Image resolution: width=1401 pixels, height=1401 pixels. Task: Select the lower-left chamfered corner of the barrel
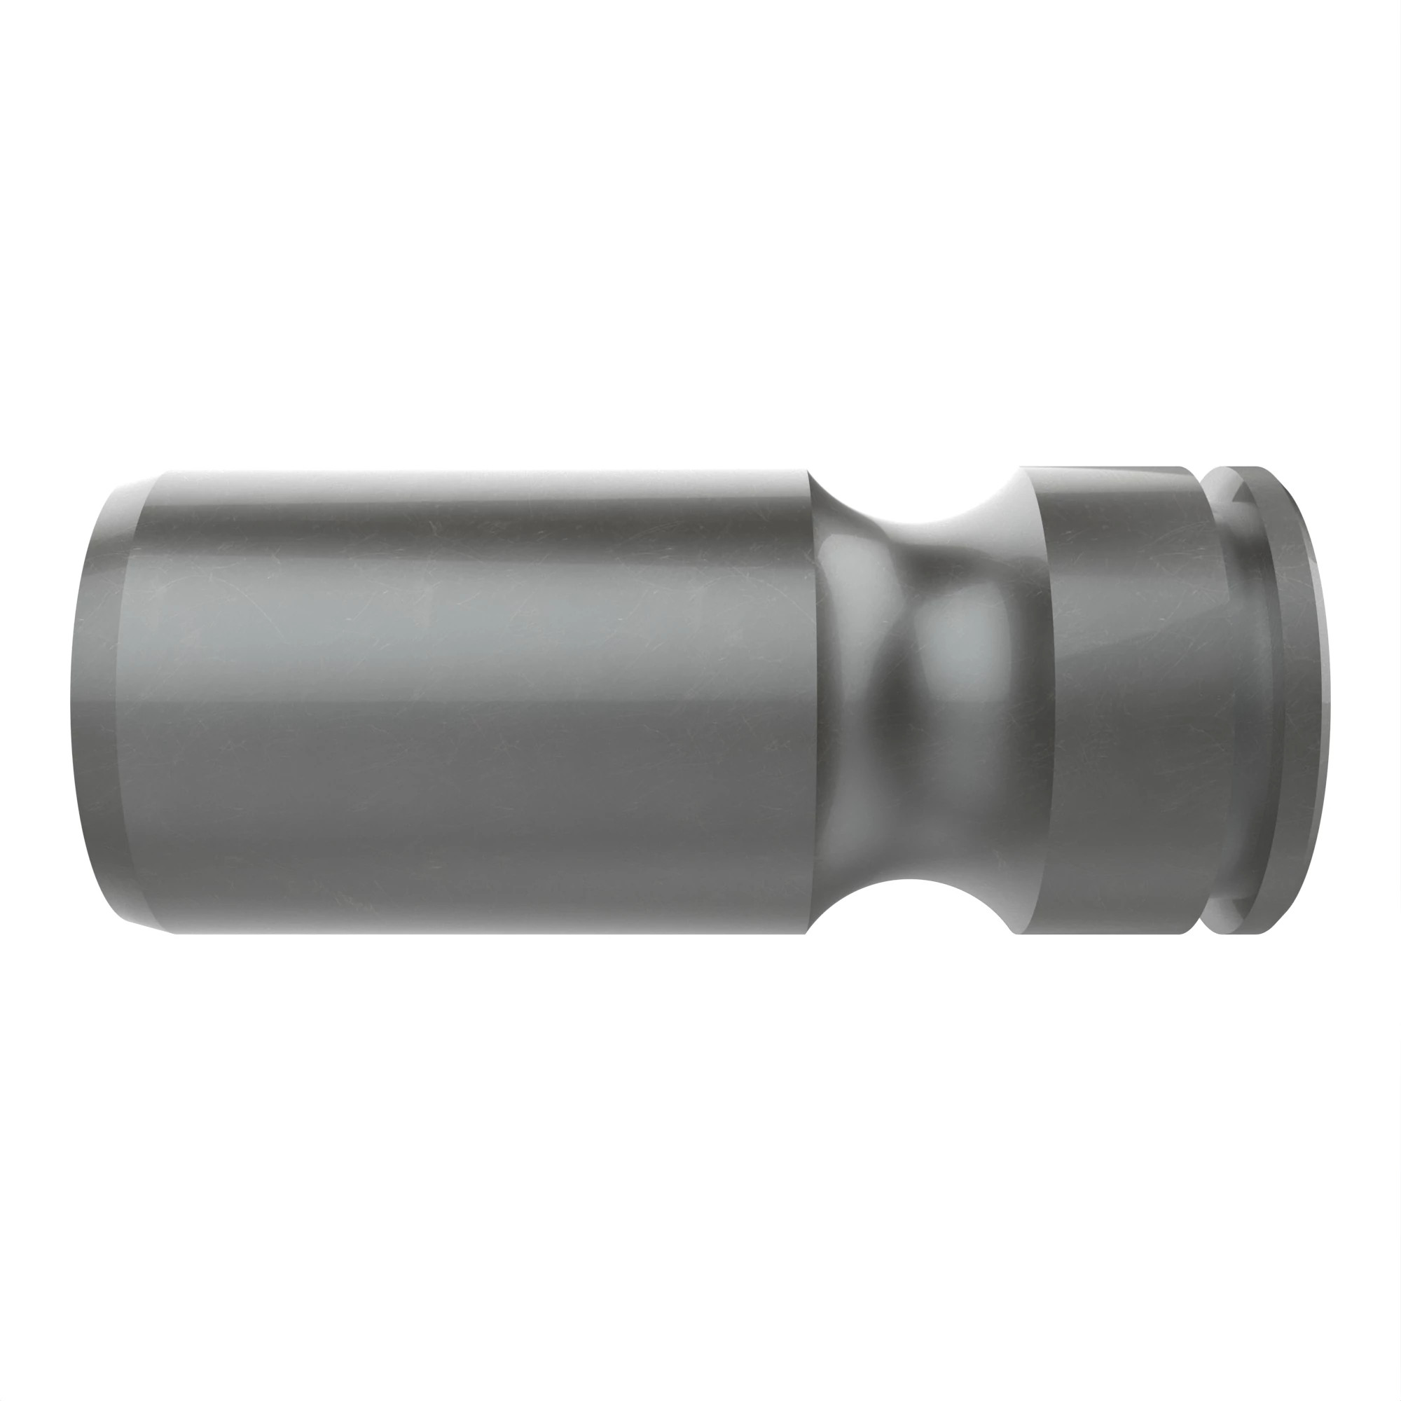pyautogui.click(x=145, y=924)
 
